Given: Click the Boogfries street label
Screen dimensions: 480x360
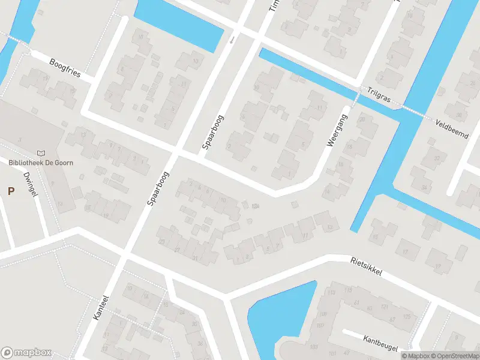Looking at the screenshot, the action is click(65, 68).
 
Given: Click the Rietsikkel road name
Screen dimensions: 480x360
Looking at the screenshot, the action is click(365, 268).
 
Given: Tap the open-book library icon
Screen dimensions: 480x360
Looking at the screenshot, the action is click(41, 154).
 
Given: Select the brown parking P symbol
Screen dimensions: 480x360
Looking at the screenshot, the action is click(11, 191).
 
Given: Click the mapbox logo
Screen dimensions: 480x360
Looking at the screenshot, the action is click(26, 353).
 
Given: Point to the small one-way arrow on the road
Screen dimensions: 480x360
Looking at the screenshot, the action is click(232, 41).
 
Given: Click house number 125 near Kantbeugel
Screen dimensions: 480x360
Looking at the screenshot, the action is click(407, 316).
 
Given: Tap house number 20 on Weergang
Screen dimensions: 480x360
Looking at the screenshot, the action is click(361, 119).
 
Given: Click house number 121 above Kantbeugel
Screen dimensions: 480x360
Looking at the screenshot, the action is click(384, 307).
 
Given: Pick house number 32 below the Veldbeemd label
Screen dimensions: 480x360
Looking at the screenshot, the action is click(436, 158).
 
